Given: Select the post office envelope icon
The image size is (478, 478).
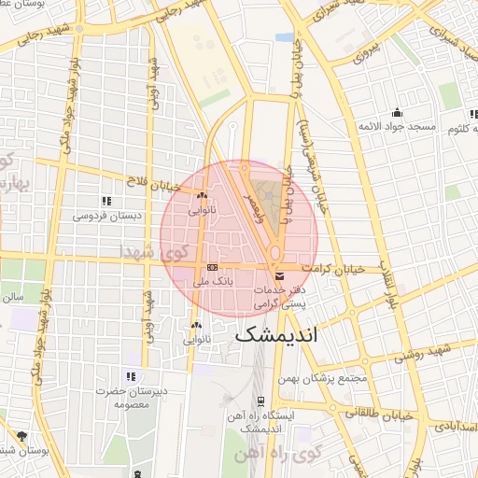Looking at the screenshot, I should coord(280,274).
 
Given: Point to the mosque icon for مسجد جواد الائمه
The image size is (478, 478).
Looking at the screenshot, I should coord(398,112).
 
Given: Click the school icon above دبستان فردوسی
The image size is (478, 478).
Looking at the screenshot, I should coord(105,201).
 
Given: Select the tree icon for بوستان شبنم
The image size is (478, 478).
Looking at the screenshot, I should coord(21,436).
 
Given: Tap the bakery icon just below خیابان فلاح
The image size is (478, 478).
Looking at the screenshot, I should coord(202,196).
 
